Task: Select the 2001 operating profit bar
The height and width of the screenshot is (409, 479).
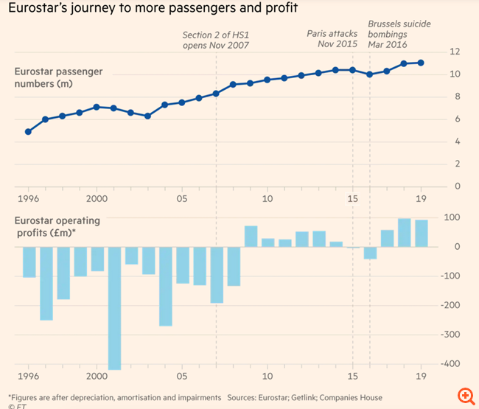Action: pos(114,307)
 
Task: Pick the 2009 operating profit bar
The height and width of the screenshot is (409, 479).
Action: pos(251,237)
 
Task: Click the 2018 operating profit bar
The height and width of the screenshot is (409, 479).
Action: pos(404,233)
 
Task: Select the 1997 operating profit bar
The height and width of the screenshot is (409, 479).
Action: pos(46,283)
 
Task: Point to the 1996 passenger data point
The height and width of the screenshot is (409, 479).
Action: pos(28,131)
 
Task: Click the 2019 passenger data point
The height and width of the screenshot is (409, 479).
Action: pos(421,63)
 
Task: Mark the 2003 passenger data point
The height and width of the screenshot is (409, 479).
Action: pos(147,116)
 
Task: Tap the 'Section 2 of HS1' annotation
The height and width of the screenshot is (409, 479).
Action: pos(216,39)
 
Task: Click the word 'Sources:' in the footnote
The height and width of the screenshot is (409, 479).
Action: pos(247,398)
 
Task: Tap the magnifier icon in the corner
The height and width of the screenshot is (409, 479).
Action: pos(464,394)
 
